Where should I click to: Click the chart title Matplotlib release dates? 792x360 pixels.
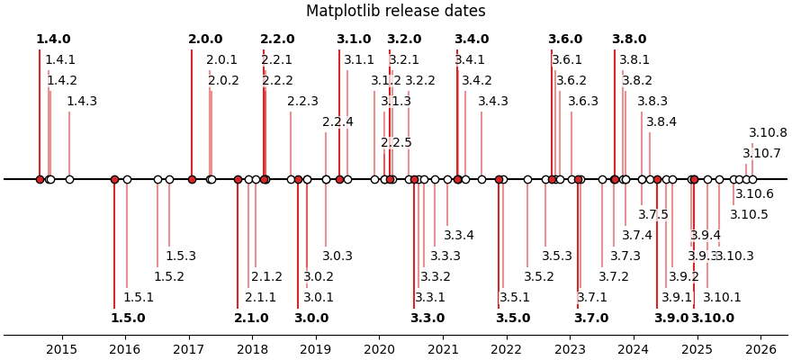pyautogui.click(x=395, y=12)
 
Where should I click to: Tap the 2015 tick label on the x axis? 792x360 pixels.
pyautogui.click(x=61, y=349)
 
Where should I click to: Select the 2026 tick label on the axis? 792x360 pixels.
pyautogui.click(x=760, y=349)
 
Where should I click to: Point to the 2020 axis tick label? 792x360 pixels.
pyautogui.click(x=379, y=349)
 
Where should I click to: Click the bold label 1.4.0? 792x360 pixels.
pyautogui.click(x=53, y=40)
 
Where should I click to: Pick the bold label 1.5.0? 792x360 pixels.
pyautogui.click(x=128, y=318)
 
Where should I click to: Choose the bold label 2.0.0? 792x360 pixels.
pyautogui.click(x=205, y=40)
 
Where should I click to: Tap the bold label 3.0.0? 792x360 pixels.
pyautogui.click(x=311, y=318)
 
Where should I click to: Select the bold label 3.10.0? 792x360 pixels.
pyautogui.click(x=713, y=318)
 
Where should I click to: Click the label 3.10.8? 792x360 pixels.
pyautogui.click(x=768, y=133)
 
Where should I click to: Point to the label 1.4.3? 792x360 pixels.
pyautogui.click(x=82, y=102)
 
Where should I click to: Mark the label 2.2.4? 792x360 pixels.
pyautogui.click(x=338, y=122)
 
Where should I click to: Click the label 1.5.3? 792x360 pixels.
pyautogui.click(x=181, y=256)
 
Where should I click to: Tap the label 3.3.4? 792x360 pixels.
pyautogui.click(x=459, y=236)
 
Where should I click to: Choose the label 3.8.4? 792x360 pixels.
pyautogui.click(x=661, y=122)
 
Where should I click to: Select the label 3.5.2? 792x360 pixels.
pyautogui.click(x=539, y=277)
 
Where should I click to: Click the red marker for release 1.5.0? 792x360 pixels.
pyautogui.click(x=114, y=179)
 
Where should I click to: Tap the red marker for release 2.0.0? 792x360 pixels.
pyautogui.click(x=192, y=179)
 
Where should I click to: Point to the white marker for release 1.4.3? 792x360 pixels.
pyautogui.click(x=69, y=179)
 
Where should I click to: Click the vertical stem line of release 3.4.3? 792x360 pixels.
pyautogui.click(x=481, y=144)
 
